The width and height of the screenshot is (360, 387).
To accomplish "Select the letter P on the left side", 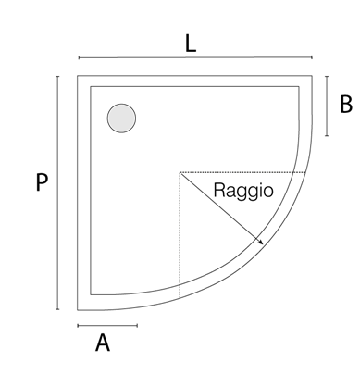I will click(x=41, y=182).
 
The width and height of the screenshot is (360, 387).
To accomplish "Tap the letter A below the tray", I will click(x=103, y=343).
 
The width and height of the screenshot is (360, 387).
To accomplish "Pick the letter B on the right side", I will click(x=345, y=104).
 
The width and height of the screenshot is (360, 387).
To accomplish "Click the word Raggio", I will click(x=242, y=192).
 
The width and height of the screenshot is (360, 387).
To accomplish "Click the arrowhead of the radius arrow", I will click(x=261, y=243).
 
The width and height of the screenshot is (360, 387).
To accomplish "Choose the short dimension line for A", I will click(x=107, y=326).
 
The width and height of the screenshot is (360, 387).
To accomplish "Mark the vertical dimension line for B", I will click(x=327, y=106).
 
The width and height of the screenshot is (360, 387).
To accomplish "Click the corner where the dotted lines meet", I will click(x=180, y=172).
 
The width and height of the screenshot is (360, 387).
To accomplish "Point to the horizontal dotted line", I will click(x=241, y=172).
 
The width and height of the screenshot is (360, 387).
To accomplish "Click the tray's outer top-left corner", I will click(x=79, y=76).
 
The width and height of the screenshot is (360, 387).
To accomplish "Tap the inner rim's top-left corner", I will click(x=90, y=87).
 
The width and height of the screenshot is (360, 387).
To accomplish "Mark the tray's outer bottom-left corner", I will click(x=79, y=309).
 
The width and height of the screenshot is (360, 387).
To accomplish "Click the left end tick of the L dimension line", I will click(x=79, y=57).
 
